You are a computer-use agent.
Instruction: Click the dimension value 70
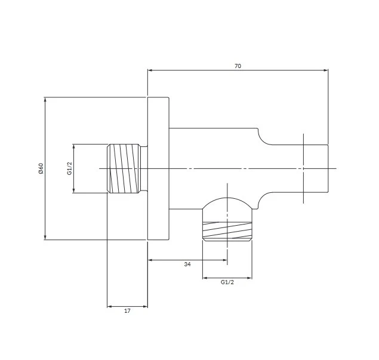238,66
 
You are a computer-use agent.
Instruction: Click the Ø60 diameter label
41,168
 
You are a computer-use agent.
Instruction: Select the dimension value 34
187,264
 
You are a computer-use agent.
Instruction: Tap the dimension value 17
127,311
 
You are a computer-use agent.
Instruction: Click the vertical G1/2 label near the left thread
69,168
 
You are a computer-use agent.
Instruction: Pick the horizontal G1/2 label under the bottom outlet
227,282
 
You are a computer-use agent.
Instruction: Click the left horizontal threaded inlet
124,168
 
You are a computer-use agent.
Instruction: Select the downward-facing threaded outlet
227,232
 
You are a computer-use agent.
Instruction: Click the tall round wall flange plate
158,168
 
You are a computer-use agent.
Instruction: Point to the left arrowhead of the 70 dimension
150,70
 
